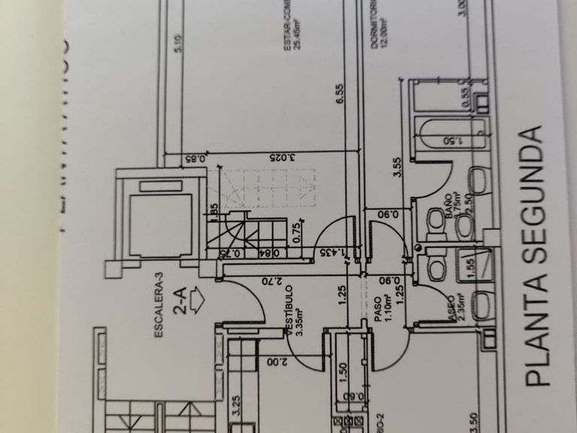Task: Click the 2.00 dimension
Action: pos(273,362)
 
